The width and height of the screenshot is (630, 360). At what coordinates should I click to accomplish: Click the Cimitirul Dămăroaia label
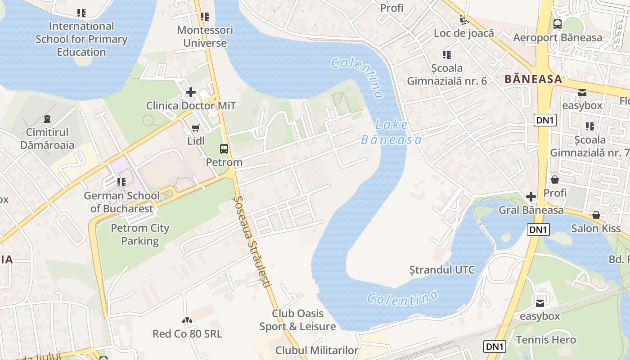pyautogui.click(x=47, y=139)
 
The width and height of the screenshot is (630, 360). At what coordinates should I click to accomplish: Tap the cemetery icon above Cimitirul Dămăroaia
pyautogui.click(x=47, y=119)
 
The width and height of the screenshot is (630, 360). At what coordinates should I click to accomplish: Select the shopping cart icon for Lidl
pyautogui.click(x=196, y=129)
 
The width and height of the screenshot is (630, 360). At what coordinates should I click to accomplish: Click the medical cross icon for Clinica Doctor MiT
pyautogui.click(x=191, y=93)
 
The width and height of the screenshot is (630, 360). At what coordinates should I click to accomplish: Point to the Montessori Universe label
pyautogui.click(x=205, y=37)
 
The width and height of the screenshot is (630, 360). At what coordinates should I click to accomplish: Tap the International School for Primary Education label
pyautogui.click(x=81, y=39)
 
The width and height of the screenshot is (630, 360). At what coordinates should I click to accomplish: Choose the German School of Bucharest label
pyautogui.click(x=121, y=202)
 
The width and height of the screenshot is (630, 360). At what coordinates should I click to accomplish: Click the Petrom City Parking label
pyautogui.click(x=140, y=234)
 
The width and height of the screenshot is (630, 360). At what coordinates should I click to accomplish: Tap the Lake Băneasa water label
pyautogui.click(x=391, y=132)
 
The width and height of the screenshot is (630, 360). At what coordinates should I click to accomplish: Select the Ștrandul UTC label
pyautogui.click(x=442, y=270)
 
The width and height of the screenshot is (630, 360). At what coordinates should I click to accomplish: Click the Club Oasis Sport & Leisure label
pyautogui.click(x=297, y=320)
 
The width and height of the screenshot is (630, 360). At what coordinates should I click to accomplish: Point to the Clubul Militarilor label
pyautogui.click(x=317, y=350)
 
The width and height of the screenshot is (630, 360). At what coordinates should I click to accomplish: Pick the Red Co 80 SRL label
pyautogui.click(x=187, y=334)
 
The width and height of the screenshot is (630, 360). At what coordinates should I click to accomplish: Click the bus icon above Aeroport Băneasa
pyautogui.click(x=558, y=24)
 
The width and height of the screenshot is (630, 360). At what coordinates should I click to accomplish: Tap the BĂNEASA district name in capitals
pyautogui.click(x=533, y=79)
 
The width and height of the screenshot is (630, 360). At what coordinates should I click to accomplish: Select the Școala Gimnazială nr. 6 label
pyautogui.click(x=447, y=75)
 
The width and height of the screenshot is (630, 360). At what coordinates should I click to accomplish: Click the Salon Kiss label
pyautogui.click(x=596, y=228)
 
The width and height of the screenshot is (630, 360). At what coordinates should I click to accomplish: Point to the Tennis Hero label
pyautogui.click(x=546, y=340)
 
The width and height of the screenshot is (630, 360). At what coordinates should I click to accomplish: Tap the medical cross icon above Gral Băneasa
pyautogui.click(x=531, y=197)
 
